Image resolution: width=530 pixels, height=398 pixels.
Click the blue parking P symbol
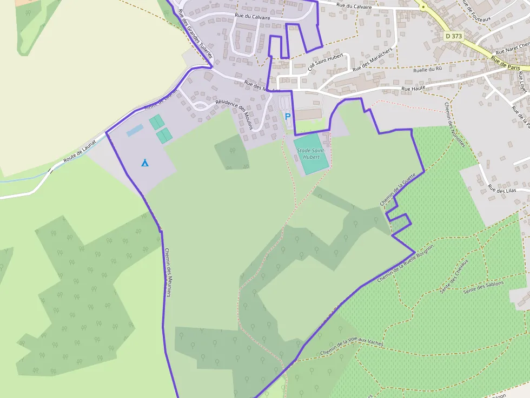click(288, 116)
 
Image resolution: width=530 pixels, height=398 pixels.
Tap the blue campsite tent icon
click(144, 163)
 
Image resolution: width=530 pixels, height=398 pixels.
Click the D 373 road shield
click(454, 36)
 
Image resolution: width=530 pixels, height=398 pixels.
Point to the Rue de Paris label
click(506, 61)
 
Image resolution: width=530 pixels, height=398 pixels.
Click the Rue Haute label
click(413, 87)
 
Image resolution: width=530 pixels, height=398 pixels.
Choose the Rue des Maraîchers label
click(372, 60)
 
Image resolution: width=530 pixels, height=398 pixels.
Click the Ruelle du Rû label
click(427, 70)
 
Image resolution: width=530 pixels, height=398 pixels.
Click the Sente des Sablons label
click(483, 287)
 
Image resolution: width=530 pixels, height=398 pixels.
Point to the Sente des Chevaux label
click(454, 275)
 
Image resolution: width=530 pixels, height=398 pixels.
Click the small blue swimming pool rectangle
click(135, 130)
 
